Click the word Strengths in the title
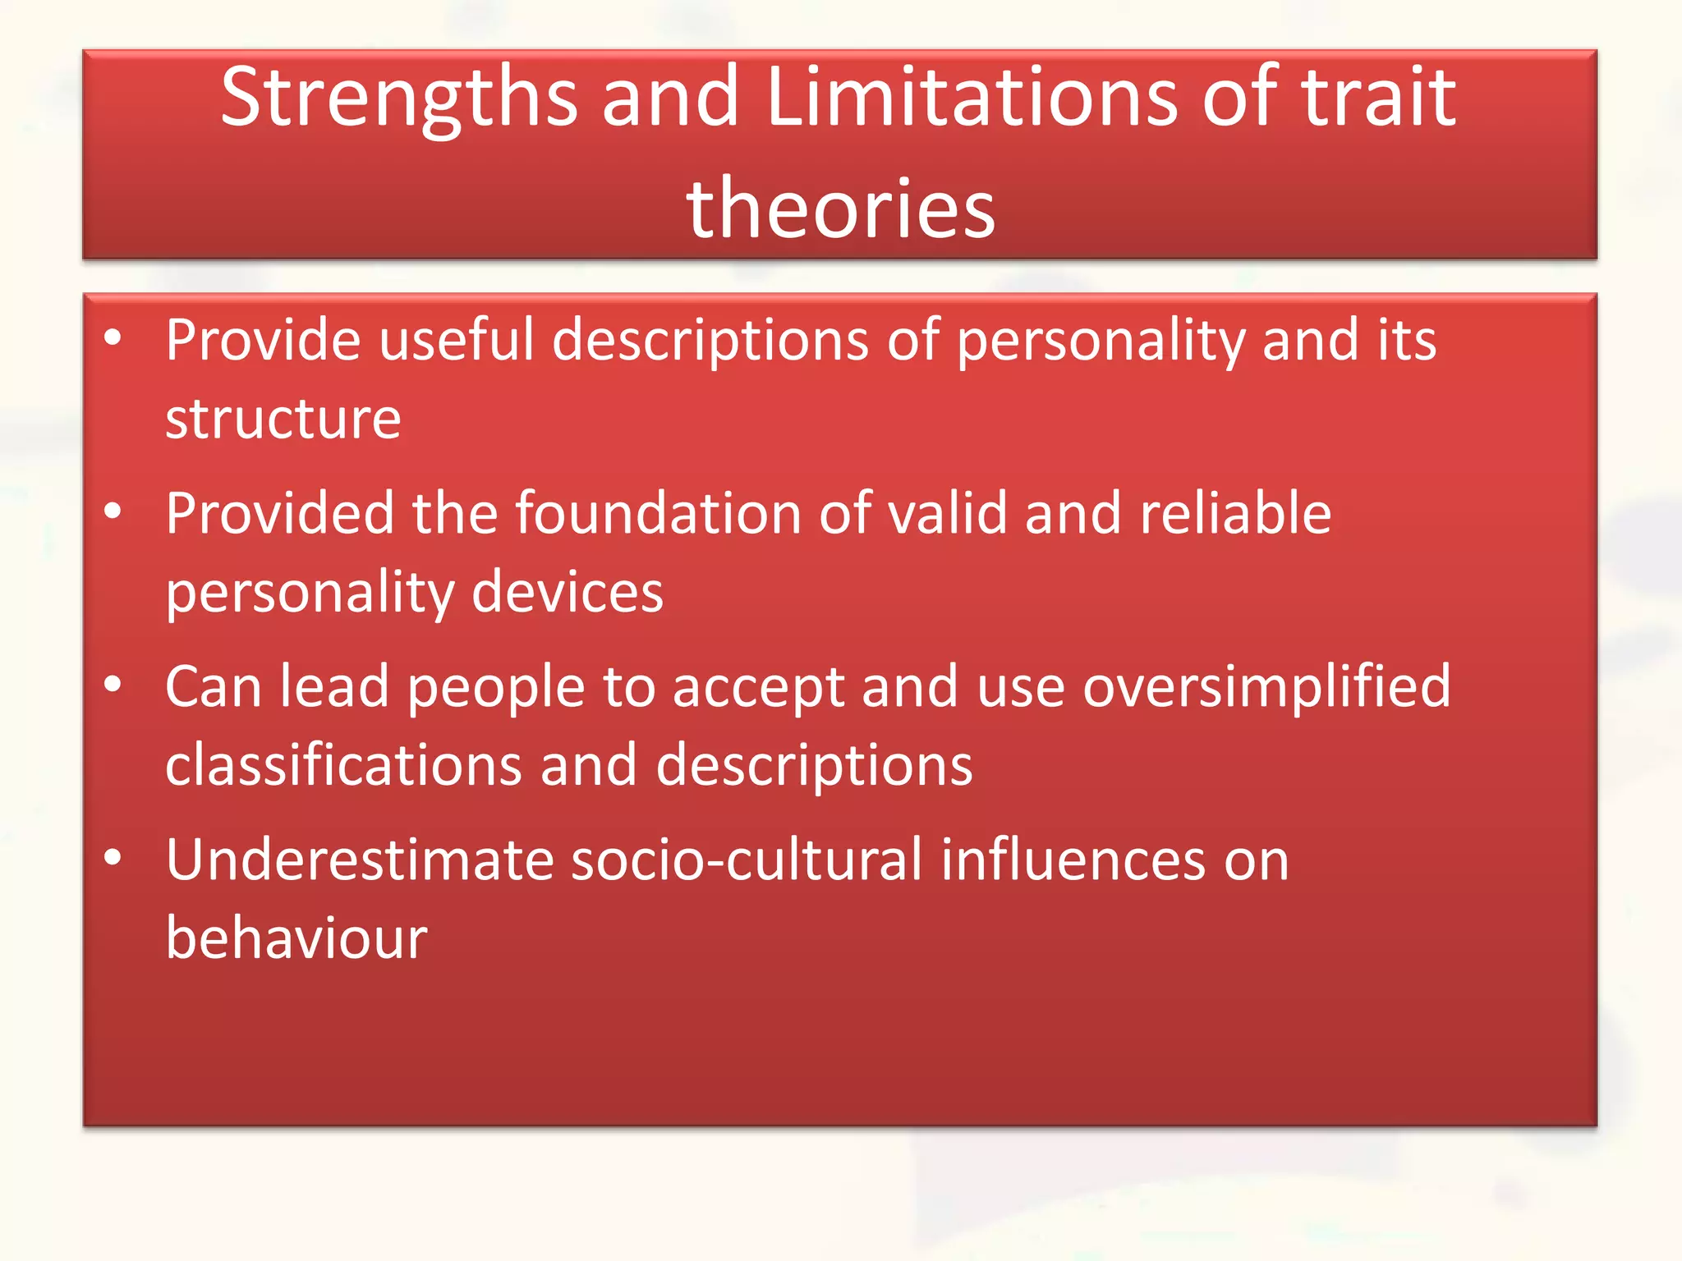pos(399,99)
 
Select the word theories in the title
pos(840,209)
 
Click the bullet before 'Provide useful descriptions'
pos(113,337)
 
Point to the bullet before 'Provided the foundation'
pos(113,511)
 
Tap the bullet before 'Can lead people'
pos(113,684)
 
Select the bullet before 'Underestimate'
pos(113,857)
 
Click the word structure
pos(283,419)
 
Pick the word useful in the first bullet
pos(456,340)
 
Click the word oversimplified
pos(1266,687)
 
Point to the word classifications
pos(343,765)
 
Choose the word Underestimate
pos(360,860)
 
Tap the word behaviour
pos(296,938)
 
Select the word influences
pos(1073,860)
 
